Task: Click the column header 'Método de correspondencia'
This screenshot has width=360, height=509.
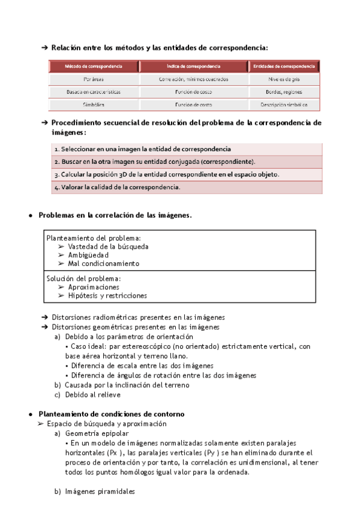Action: coord(94,66)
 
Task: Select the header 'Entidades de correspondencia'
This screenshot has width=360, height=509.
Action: coord(284,66)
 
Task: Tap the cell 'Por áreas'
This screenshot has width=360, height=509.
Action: coord(94,79)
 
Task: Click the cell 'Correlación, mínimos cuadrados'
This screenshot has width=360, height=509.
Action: coord(193,79)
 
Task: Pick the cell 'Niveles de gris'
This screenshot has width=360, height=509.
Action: coord(284,79)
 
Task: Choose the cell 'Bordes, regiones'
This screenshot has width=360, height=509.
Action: coord(284,92)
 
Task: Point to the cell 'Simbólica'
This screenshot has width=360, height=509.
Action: coord(94,104)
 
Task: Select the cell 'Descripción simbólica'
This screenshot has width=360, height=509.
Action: coord(284,104)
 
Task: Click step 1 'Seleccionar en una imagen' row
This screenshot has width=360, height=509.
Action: coord(142,149)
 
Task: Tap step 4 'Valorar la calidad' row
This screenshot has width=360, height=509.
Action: coord(116,187)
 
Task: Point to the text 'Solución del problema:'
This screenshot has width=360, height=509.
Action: coord(83,279)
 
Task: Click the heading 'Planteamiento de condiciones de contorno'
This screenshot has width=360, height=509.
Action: coord(111,414)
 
